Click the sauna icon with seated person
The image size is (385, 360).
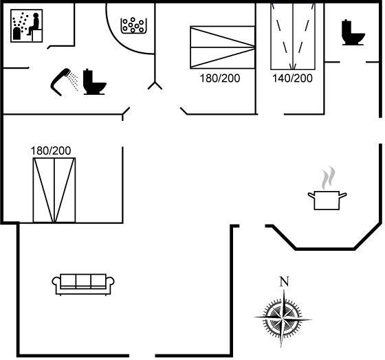[27, 26]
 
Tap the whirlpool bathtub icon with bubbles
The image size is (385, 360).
[133, 25]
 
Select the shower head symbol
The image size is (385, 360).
[60, 82]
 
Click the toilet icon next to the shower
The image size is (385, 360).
[95, 82]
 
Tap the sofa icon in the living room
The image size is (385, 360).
[83, 284]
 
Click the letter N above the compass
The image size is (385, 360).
[284, 282]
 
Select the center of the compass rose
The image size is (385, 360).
[283, 319]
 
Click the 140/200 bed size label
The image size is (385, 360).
[292, 78]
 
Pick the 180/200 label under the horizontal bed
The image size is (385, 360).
[220, 78]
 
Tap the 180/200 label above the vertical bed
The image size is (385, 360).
[51, 150]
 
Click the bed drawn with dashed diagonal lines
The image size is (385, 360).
[293, 36]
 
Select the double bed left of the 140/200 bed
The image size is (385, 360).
[223, 47]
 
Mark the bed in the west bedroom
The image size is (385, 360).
[54, 190]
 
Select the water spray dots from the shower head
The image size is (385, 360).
[73, 80]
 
